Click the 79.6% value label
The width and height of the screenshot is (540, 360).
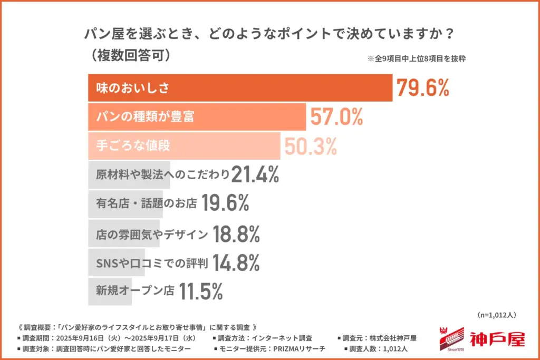[422, 88]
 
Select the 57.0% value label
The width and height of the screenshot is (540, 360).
[336, 117]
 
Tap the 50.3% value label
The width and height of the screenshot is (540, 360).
[310, 146]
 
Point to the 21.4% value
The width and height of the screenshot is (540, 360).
[255, 175]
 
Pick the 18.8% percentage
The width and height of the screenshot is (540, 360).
[236, 233]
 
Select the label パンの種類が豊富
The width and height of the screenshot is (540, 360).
[145, 117]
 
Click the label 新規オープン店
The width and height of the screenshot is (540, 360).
[135, 291]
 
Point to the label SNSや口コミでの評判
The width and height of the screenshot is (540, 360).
[153, 262]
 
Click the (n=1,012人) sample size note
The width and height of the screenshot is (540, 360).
[496, 315]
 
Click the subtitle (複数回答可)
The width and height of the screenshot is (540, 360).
[129, 54]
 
